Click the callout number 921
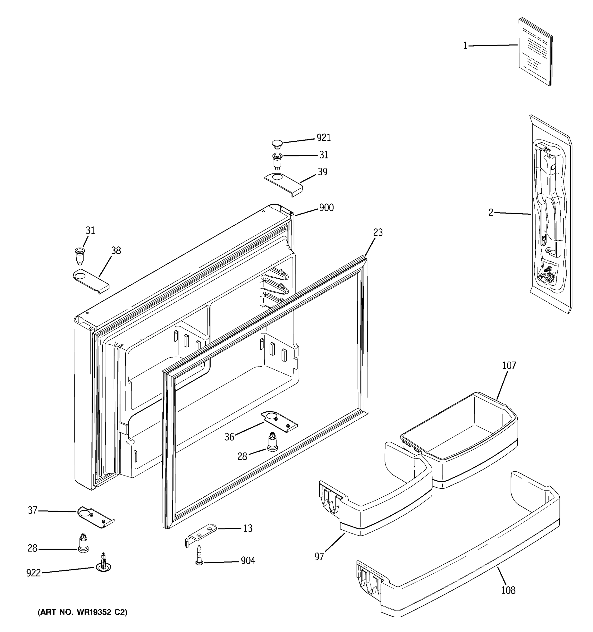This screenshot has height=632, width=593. pyautogui.click(x=324, y=138)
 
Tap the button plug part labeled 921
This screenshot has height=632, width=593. pyautogui.click(x=277, y=144)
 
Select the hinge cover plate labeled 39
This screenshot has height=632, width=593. pyautogui.click(x=283, y=184)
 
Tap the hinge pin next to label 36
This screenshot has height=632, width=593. pyautogui.click(x=272, y=442)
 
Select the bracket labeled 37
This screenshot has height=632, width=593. pyautogui.click(x=95, y=517)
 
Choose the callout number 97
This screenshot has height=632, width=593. pyautogui.click(x=319, y=557)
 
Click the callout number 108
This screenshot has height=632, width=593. pyautogui.click(x=508, y=590)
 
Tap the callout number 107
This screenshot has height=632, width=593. pyautogui.click(x=509, y=366)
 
